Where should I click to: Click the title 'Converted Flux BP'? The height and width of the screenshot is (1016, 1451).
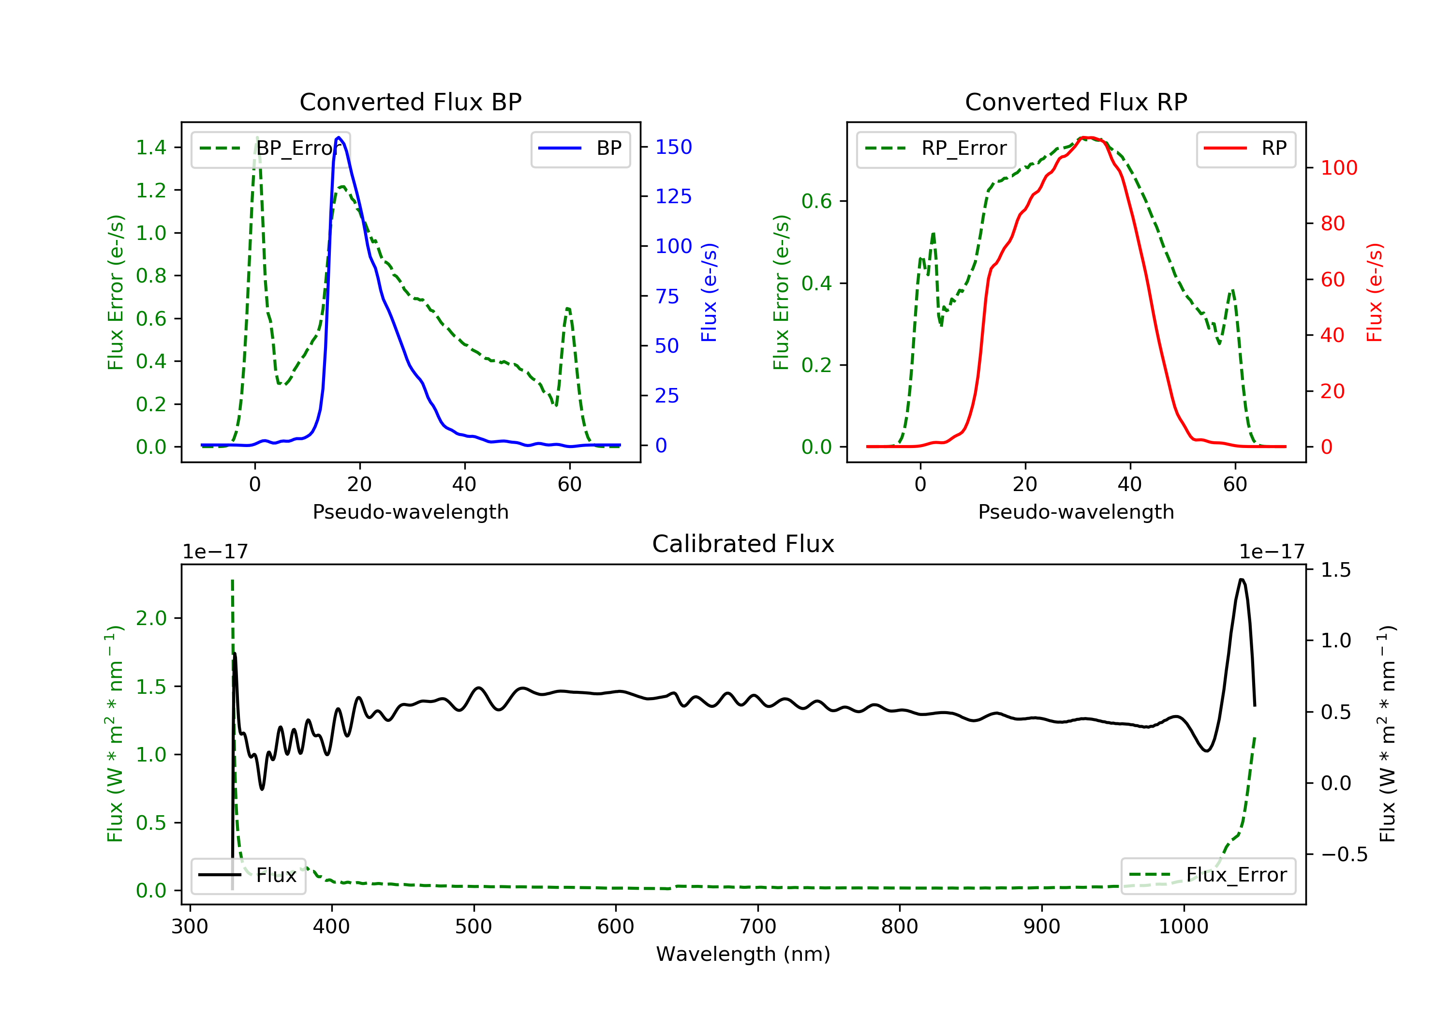pyautogui.click(x=411, y=102)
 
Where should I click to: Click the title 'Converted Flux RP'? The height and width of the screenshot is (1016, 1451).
pyautogui.click(x=1076, y=102)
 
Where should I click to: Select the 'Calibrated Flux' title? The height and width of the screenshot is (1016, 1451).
pyautogui.click(x=743, y=544)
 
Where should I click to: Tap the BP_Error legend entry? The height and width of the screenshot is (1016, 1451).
pyautogui.click(x=270, y=149)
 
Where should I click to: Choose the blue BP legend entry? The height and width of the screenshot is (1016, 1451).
pyautogui.click(x=580, y=149)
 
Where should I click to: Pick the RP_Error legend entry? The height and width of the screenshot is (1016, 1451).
pyautogui.click(x=936, y=149)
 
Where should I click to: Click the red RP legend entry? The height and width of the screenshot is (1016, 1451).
pyautogui.click(x=1245, y=149)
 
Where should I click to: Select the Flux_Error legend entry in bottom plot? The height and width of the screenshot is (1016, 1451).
pyautogui.click(x=1208, y=875)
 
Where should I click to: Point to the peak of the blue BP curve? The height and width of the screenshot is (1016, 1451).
pyautogui.click(x=339, y=137)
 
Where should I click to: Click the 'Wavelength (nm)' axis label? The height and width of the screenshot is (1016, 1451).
pyautogui.click(x=743, y=954)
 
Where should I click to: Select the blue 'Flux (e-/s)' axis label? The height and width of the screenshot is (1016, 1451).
pyautogui.click(x=709, y=292)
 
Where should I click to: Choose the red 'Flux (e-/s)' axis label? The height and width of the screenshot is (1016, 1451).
pyautogui.click(x=1375, y=292)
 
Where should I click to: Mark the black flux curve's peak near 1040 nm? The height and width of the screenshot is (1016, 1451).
pyautogui.click(x=1242, y=579)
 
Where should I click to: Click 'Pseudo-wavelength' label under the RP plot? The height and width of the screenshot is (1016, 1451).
pyautogui.click(x=1076, y=511)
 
